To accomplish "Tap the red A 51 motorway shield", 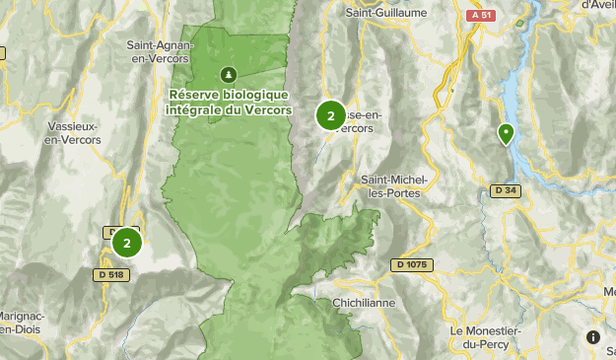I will coord(480,16).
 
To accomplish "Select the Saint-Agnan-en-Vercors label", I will coord(158,50).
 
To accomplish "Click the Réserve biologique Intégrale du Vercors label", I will coord(230,102).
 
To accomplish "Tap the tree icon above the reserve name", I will coord(229,74).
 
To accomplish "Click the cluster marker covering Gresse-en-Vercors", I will coord(330,115).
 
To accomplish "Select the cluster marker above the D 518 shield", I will coord(127,241).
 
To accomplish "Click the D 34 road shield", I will coord(505,191).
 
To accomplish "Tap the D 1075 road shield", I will coord(412,264).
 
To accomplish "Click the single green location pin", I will coord(506,134).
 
